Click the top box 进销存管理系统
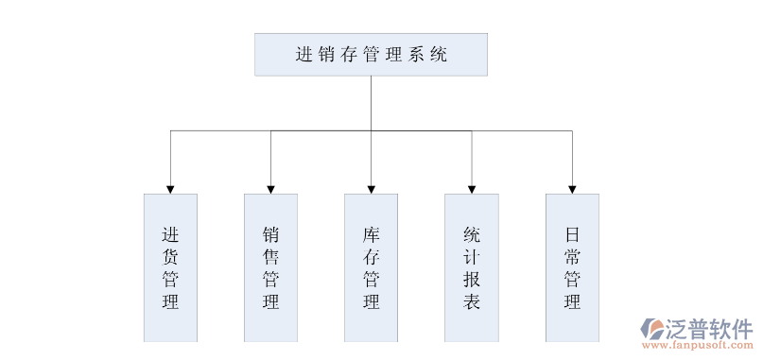point(371,55)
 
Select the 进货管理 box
point(170,267)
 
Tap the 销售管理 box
point(270,267)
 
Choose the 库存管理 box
point(371,267)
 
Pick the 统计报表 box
point(472,267)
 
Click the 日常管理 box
point(572,267)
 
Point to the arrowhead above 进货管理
point(170,188)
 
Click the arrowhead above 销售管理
point(270,188)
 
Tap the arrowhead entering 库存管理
point(371,188)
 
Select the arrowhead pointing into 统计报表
point(472,188)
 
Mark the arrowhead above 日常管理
point(572,188)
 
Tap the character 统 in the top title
point(439,55)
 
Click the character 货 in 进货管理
point(170,256)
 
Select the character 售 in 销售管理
point(270,256)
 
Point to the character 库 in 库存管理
point(371,233)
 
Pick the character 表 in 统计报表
point(472,302)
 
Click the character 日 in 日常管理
point(572,233)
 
